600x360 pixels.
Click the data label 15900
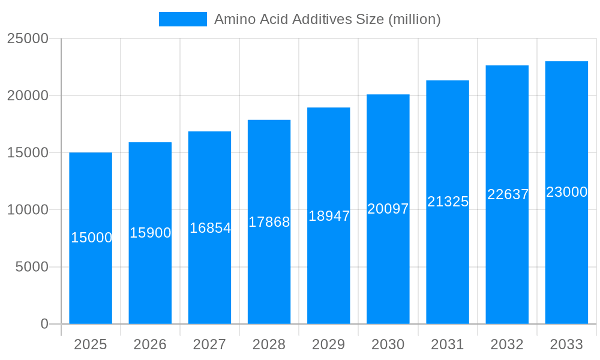151,233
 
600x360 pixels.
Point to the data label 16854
210,228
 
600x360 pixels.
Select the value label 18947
329,216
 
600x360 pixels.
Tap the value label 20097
388,209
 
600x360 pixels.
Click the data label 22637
508,194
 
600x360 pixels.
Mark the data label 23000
566,192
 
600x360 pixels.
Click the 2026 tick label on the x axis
150,344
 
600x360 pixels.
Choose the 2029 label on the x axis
329,344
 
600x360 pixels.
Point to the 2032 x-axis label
507,344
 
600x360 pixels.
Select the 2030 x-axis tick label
388,344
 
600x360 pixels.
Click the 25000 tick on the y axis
28,38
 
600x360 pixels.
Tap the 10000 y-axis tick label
28,210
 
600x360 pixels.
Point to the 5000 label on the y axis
31,267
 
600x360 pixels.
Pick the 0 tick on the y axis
44,324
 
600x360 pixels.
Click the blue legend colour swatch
182,19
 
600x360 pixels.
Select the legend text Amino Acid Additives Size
328,19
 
